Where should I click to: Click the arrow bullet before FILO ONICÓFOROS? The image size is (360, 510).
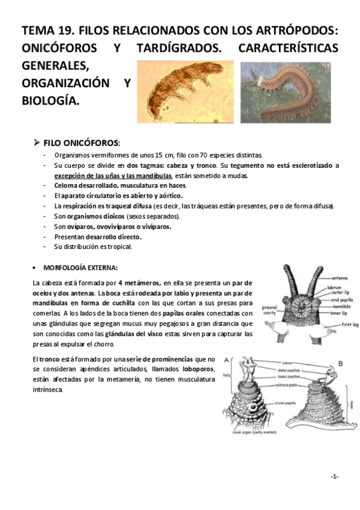click(36, 143)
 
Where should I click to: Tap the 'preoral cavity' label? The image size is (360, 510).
click(269, 310)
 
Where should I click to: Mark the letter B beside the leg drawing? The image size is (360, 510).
click(340, 363)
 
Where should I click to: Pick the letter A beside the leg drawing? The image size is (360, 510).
click(227, 361)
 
